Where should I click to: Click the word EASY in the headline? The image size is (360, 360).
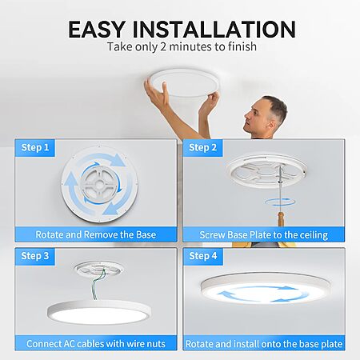click(96, 29)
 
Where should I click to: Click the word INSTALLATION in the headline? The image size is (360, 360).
click(214, 29)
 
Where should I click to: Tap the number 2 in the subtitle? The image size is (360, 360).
click(163, 46)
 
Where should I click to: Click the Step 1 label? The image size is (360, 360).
click(35, 147)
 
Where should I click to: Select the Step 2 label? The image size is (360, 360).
click(202, 147)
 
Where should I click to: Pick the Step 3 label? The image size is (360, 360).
click(35, 256)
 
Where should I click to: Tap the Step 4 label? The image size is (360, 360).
click(203, 256)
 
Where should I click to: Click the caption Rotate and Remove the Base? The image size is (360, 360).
click(96, 234)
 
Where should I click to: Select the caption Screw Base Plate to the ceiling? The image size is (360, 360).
click(264, 235)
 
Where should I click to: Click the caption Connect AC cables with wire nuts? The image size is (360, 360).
click(96, 344)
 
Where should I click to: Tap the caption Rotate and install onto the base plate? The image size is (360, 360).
click(264, 344)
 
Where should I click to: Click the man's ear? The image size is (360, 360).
click(272, 124)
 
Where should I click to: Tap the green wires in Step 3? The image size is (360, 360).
click(99, 284)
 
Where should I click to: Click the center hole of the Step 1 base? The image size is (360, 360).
click(99, 184)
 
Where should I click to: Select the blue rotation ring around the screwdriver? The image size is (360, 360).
click(280, 202)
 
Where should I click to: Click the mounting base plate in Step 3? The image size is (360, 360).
click(98, 268)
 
